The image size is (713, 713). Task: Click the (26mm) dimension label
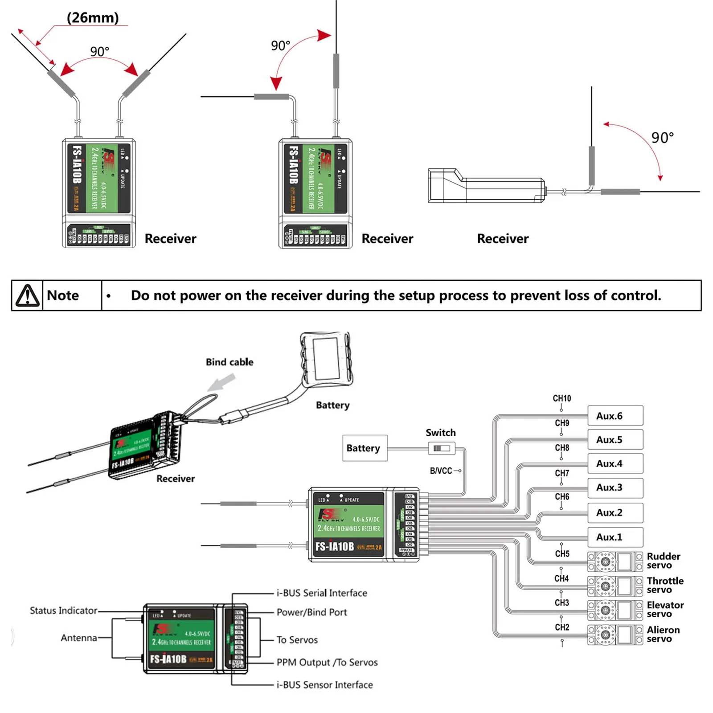pyautogui.click(x=93, y=18)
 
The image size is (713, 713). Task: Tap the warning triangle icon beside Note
pyautogui.click(x=28, y=295)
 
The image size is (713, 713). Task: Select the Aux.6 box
pyautogui.click(x=615, y=416)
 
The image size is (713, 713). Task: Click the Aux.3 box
pyautogui.click(x=615, y=488)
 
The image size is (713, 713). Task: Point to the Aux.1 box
pyautogui.click(x=615, y=537)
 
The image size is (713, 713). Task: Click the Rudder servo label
pyautogui.click(x=663, y=561)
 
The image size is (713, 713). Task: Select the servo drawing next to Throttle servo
pyautogui.click(x=615, y=586)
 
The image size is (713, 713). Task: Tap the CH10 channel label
pyautogui.click(x=561, y=398)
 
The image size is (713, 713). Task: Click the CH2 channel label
pyautogui.click(x=562, y=627)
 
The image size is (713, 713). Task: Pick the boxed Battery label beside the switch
pyautogui.click(x=364, y=448)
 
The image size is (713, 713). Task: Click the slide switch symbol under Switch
pyautogui.click(x=442, y=448)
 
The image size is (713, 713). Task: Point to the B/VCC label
pyautogui.click(x=441, y=471)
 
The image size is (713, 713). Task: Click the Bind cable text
pyautogui.click(x=229, y=362)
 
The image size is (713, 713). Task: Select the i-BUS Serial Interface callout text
pyautogui.click(x=322, y=593)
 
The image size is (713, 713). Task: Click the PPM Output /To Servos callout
pyautogui.click(x=327, y=662)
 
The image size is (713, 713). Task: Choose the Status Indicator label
pyautogui.click(x=63, y=611)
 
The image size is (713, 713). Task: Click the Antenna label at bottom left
pyautogui.click(x=79, y=638)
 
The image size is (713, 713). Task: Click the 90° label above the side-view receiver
pyautogui.click(x=662, y=138)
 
